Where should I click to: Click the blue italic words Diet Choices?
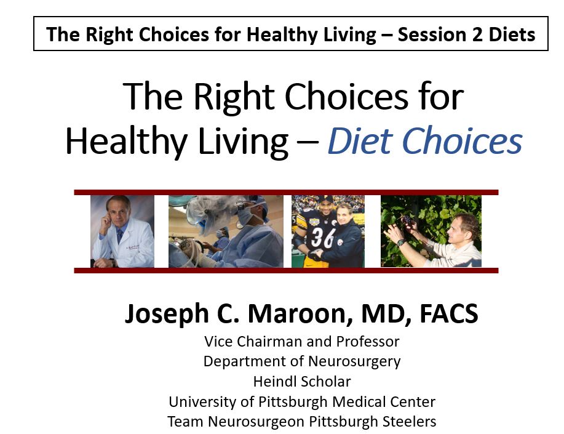click(424, 142)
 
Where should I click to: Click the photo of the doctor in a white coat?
click(123, 231)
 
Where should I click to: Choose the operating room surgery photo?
click(226, 231)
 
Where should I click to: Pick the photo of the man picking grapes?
click(431, 231)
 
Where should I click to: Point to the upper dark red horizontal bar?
click(286, 192)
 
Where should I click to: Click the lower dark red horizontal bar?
click(286, 270)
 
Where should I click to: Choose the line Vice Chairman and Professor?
click(301, 341)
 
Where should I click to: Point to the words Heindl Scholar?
click(301, 382)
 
